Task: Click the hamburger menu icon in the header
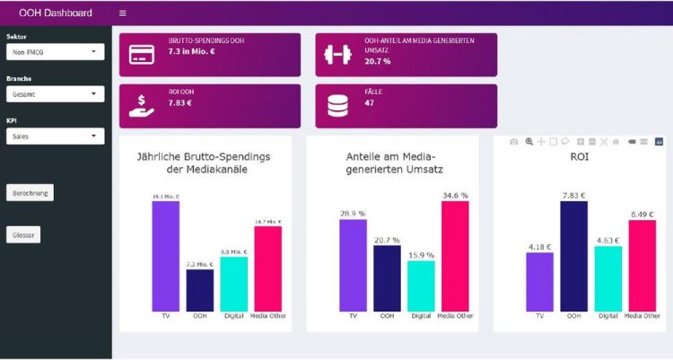123,13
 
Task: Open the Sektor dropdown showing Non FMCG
55,52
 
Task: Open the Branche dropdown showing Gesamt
55,94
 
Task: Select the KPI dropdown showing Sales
55,136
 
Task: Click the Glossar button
23,235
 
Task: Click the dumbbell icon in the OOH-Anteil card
337,54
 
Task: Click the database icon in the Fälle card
337,106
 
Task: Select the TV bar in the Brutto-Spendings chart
165,256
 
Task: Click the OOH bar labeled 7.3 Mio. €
200,290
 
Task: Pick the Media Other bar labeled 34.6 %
455,256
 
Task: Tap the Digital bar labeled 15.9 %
421,285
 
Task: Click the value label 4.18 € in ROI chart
539,246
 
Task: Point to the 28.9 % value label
353,214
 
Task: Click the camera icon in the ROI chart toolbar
513,142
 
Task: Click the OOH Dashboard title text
56,13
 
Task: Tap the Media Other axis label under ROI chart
642,316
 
